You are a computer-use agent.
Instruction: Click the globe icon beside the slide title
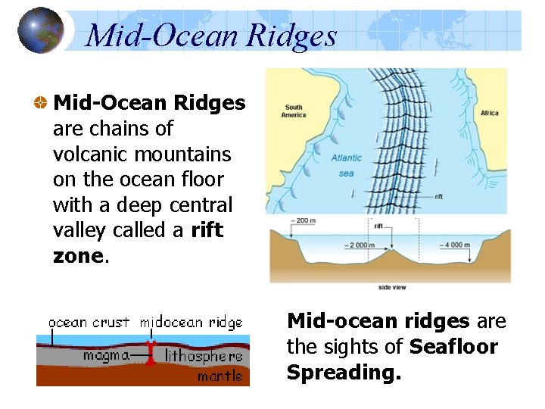coord(40,30)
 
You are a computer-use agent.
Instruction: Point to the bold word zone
coord(77,256)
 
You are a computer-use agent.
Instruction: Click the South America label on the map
coord(293,111)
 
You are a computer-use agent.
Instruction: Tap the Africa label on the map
coord(490,113)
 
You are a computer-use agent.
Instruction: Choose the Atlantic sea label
coord(347,165)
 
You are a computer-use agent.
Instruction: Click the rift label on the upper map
coord(438,196)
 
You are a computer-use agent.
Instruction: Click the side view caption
coord(391,288)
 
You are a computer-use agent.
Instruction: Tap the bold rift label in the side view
coord(378,225)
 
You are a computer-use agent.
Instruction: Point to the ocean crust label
coord(89,323)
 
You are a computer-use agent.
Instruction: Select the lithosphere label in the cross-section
coord(204,355)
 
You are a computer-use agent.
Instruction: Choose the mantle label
coord(220,376)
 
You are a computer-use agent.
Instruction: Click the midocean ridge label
coord(191,323)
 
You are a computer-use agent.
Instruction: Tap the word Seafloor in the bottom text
coord(453,347)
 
